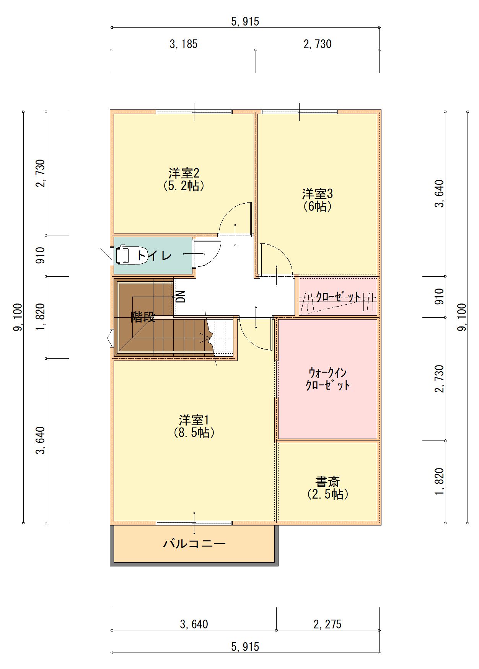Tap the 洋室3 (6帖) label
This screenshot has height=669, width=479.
pyautogui.click(x=318, y=200)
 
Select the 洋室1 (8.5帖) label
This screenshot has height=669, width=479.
pyautogui.click(x=194, y=426)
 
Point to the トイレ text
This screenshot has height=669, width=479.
pyautogui.click(x=154, y=255)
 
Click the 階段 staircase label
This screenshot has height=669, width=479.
pyautogui.click(x=143, y=317)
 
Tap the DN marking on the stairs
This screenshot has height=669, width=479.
pyautogui.click(x=181, y=296)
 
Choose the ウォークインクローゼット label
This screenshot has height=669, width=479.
pyautogui.click(x=328, y=379)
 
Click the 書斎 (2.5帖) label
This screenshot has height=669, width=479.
pyautogui.click(x=328, y=488)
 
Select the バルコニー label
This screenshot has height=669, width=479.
pyautogui.click(x=194, y=543)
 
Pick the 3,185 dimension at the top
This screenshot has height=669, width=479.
pyautogui.click(x=184, y=44)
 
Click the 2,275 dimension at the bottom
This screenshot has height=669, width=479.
pyautogui.click(x=327, y=624)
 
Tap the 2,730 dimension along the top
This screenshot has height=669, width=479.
pyautogui.click(x=318, y=44)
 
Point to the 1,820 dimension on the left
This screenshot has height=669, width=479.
pyautogui.click(x=41, y=317)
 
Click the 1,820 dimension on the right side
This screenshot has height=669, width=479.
pyautogui.click(x=440, y=481)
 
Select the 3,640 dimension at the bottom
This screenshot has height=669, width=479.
pyautogui.click(x=194, y=624)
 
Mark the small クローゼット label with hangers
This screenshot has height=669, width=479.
pyautogui.click(x=338, y=297)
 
